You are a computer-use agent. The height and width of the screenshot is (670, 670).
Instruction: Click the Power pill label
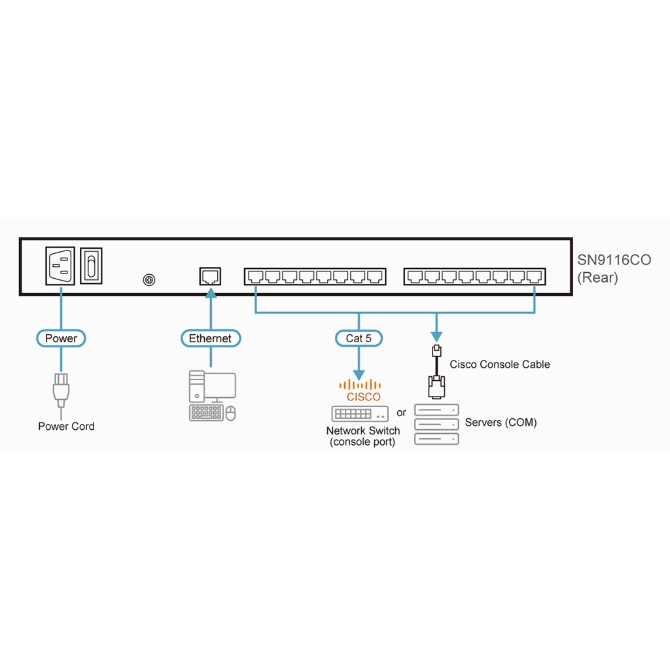(x=61, y=338)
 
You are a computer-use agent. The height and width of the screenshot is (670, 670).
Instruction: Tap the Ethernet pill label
(x=210, y=338)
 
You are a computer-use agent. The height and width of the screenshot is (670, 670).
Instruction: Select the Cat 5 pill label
(x=359, y=338)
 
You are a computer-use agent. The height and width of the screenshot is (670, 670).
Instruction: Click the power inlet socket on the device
(x=60, y=265)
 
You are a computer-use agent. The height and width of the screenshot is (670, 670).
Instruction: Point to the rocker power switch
(x=92, y=265)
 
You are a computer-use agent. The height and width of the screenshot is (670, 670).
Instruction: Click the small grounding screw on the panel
(x=149, y=280)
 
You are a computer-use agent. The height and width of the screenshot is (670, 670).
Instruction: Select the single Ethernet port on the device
(x=211, y=275)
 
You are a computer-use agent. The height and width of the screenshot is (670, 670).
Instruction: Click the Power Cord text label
(x=66, y=427)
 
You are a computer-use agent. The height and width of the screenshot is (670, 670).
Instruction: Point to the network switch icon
(x=360, y=414)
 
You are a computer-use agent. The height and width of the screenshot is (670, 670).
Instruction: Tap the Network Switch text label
(x=363, y=436)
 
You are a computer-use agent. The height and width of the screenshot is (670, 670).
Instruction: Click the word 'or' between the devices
(x=401, y=413)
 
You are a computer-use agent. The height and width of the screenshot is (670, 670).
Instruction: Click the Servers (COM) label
(x=501, y=423)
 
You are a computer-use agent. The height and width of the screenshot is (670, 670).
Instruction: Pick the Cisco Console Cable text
(x=499, y=364)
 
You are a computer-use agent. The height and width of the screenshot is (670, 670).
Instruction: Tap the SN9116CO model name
(x=614, y=260)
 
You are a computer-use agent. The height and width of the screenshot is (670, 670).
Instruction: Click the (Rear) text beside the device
(x=597, y=277)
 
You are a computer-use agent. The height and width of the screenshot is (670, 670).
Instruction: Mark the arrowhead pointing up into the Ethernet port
(x=211, y=293)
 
